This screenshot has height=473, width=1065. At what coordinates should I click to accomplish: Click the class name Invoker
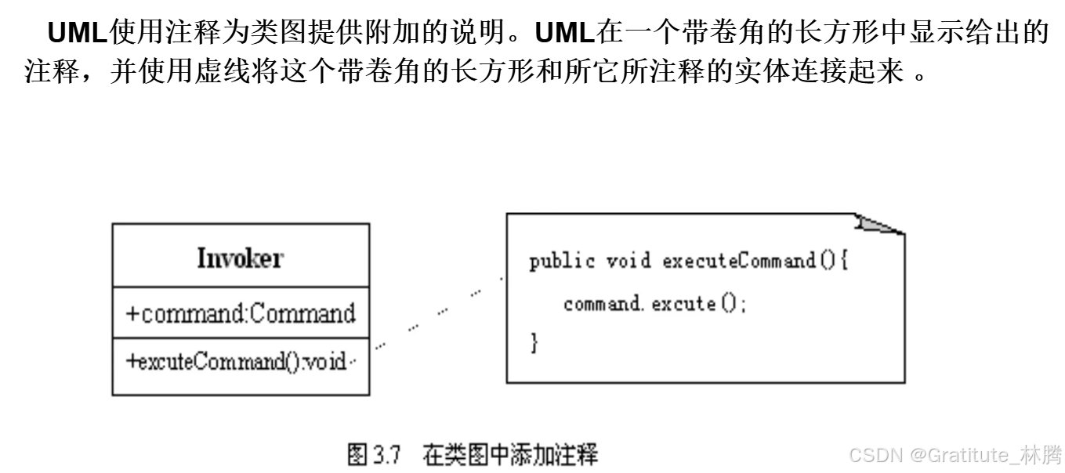240,258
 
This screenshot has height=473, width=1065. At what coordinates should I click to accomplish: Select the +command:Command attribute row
240,313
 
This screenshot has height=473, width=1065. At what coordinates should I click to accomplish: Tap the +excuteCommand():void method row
237,362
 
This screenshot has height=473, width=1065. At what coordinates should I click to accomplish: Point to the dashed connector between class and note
438,312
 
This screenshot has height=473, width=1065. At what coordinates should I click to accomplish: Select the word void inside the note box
628,261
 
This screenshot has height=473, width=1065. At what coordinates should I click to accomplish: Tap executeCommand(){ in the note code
755,261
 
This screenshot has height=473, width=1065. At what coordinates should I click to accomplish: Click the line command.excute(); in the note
655,303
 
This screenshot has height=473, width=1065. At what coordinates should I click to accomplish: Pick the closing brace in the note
534,342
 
